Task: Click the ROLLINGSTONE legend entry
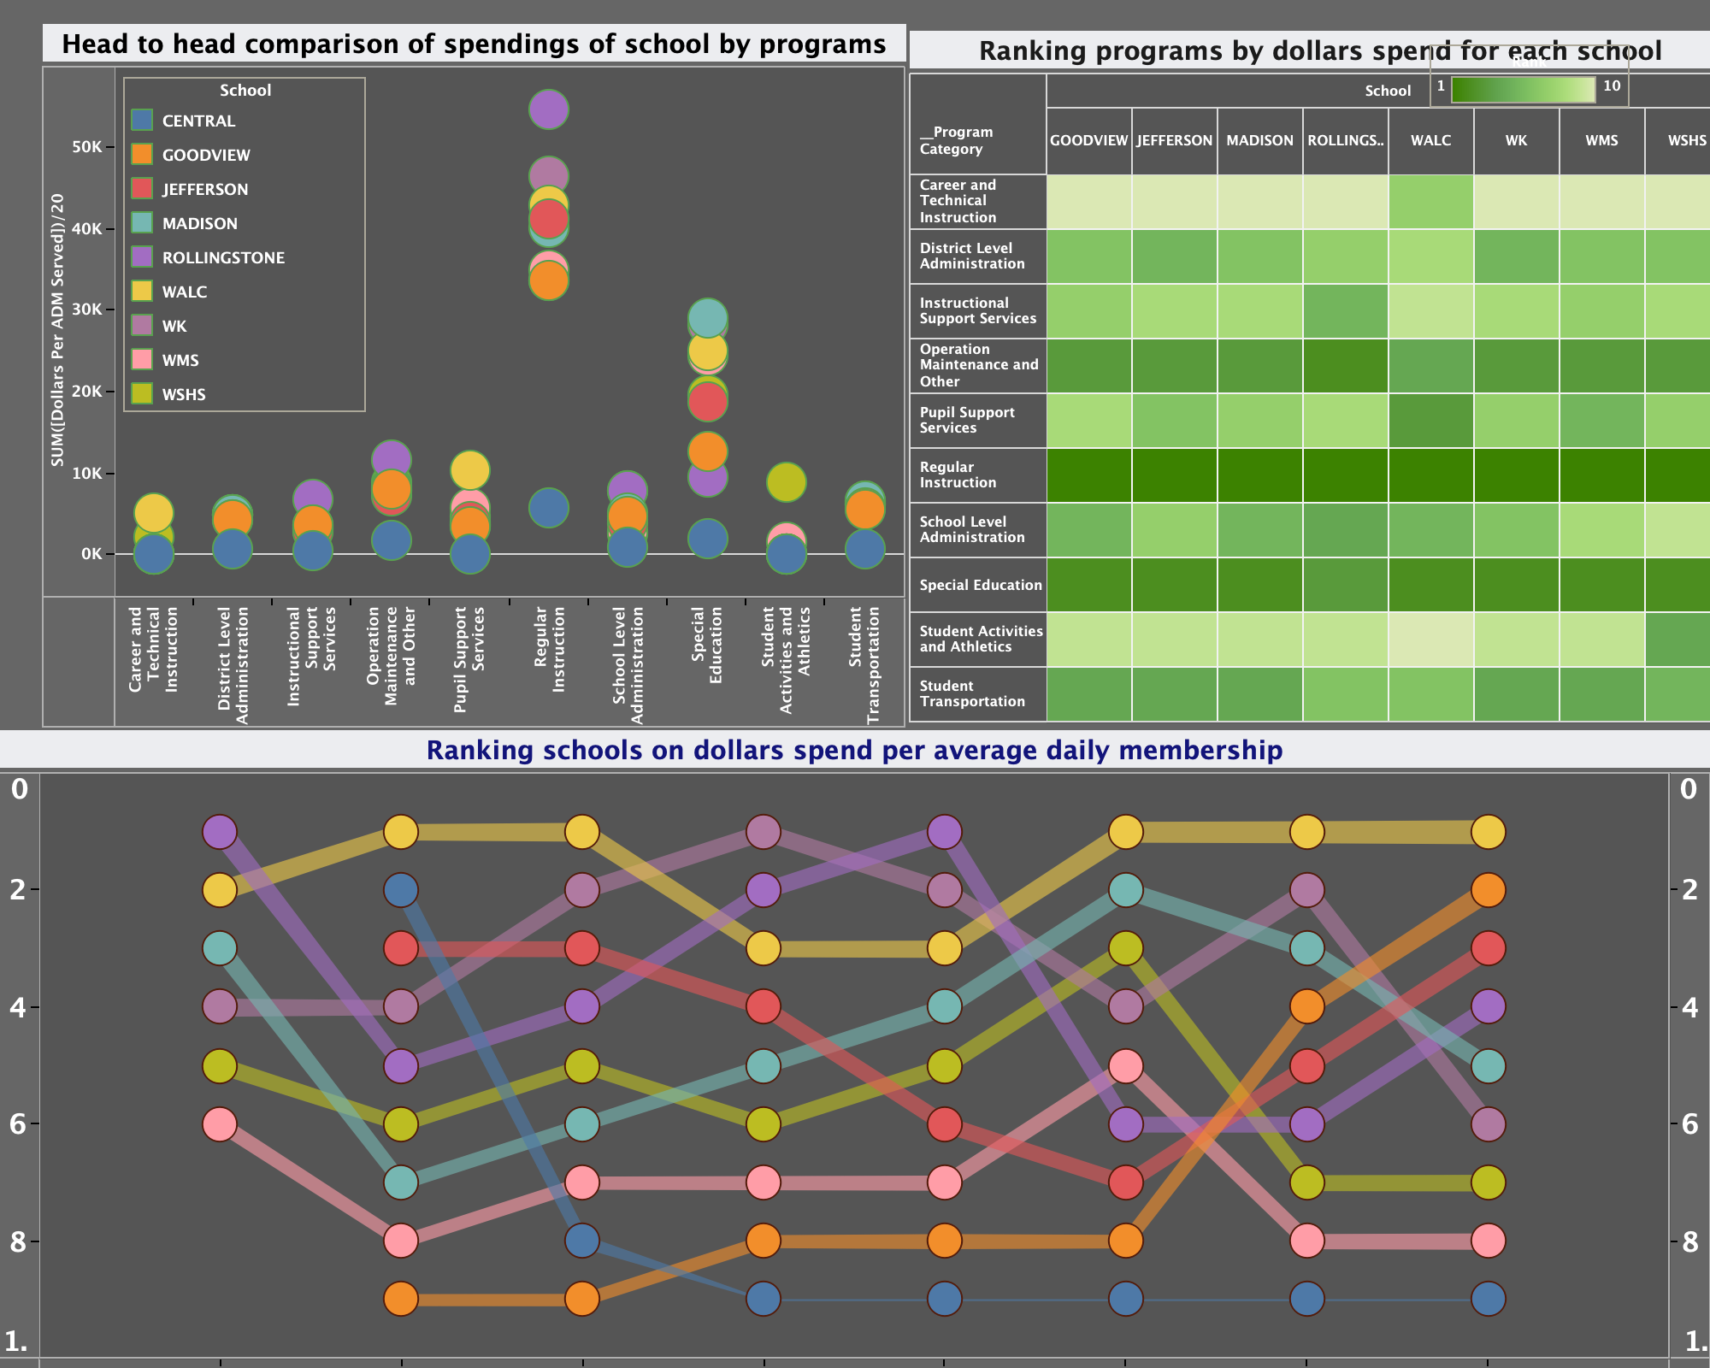pos(223,257)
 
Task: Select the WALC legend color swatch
pos(143,291)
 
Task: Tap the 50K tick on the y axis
pos(86,147)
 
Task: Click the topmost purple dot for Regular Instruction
pos(549,109)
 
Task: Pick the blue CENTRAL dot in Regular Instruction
pos(549,508)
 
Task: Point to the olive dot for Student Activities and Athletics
pos(787,482)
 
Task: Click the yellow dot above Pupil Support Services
pos(469,469)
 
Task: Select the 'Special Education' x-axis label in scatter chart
pos(707,646)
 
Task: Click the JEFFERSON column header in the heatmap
pos(1175,140)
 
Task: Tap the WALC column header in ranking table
pos(1431,140)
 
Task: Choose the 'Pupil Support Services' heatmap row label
pos(967,420)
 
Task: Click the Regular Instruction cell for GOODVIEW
pos(1089,475)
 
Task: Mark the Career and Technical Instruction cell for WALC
pos(1431,201)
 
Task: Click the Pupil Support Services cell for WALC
pos(1431,420)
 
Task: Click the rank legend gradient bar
pos(1523,90)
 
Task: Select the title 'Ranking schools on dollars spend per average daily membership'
pos(854,751)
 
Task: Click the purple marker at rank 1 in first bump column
pos(220,831)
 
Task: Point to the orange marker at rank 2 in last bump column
pos(1489,890)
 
